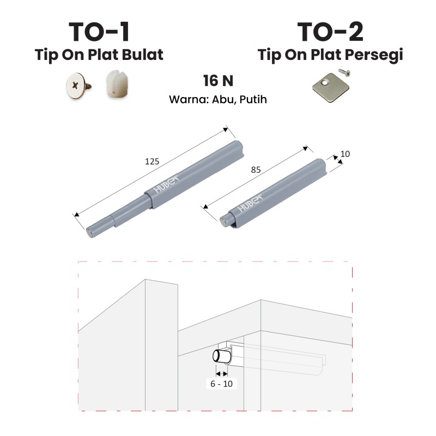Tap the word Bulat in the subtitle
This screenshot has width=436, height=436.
[x=142, y=55]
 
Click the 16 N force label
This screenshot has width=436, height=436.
[x=219, y=81]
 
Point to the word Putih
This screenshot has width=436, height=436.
[x=253, y=99]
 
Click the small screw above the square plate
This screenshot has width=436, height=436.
[x=344, y=73]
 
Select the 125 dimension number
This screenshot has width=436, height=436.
[x=152, y=161]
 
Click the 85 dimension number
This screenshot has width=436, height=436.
[x=256, y=169]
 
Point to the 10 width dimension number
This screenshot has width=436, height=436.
[x=345, y=154]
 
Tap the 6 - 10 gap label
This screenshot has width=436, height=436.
[x=222, y=384]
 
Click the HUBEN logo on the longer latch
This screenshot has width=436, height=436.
[x=166, y=183]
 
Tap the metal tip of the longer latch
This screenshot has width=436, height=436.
[x=90, y=233]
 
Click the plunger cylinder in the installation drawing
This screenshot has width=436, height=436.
[x=222, y=356]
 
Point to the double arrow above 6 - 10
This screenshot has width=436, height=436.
[x=222, y=373]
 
